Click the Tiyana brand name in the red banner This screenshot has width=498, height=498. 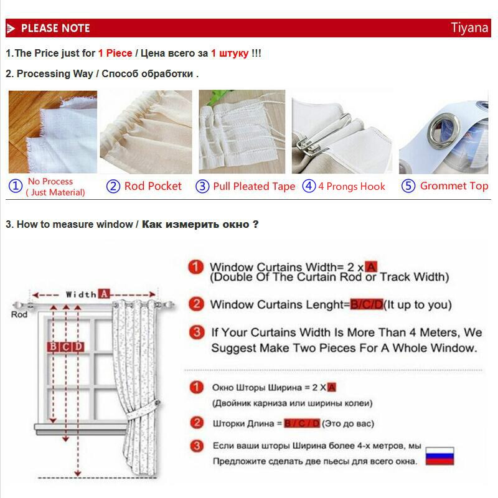click(469, 28)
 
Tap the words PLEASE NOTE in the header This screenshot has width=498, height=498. click(55, 28)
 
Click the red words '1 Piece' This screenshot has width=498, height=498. click(115, 53)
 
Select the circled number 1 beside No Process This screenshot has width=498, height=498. click(15, 186)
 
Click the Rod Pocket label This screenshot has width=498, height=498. click(153, 186)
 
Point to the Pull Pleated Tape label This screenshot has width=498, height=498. click(254, 186)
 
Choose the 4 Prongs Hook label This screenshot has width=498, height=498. click(352, 186)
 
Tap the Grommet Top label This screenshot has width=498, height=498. click(454, 186)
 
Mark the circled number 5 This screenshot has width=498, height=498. click(408, 186)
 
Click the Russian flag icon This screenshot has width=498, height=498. click(439, 456)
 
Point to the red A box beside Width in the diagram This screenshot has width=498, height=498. click(104, 294)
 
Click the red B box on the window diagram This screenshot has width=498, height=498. click(53, 347)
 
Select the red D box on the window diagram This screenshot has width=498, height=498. click(78, 347)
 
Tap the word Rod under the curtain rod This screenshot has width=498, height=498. click(19, 314)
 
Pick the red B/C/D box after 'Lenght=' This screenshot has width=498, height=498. click(367, 304)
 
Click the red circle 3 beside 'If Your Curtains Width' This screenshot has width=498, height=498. click(197, 332)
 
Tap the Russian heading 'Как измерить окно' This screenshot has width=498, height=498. click(195, 225)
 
